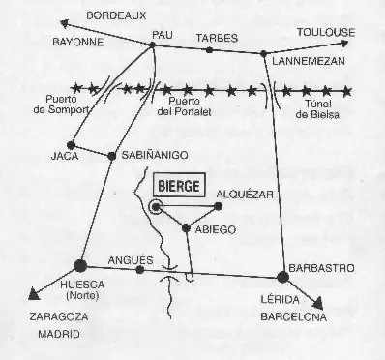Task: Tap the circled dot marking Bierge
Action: [x=158, y=206]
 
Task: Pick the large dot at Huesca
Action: [x=80, y=263]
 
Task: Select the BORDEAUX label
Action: [x=115, y=15]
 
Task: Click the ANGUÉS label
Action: [x=134, y=259]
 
